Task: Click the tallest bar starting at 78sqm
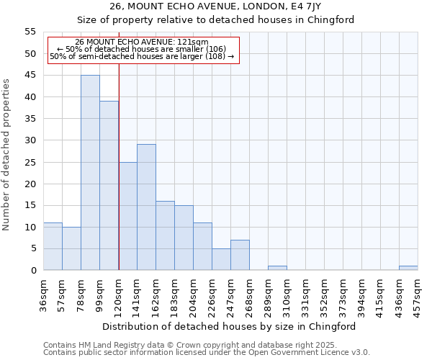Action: [x=90, y=173]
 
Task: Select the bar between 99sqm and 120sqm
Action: [x=109, y=186]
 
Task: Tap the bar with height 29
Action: [x=146, y=207]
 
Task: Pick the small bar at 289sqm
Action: [x=277, y=268]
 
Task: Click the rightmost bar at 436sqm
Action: [x=408, y=268]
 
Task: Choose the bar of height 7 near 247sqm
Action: [x=240, y=255]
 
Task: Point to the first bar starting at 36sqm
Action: [x=53, y=246]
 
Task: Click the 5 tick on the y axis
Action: [x=32, y=248]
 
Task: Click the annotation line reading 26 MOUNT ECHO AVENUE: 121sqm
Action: [x=142, y=42]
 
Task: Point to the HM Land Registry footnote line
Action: [x=189, y=345]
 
